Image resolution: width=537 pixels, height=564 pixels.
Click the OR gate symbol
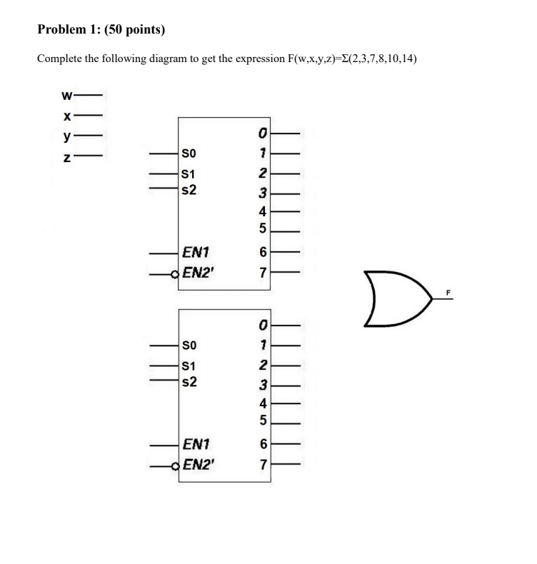tap(396, 298)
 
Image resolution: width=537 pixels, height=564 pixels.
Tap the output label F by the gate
tap(449, 292)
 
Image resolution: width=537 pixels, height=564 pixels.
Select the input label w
tap(66, 94)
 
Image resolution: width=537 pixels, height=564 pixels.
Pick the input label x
tap(66, 114)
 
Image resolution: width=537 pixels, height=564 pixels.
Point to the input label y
tap(66, 134)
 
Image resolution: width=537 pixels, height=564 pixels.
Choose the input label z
tap(66, 154)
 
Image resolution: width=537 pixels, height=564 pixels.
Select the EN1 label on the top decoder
tap(196, 251)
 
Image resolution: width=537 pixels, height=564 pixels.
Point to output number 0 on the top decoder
tap(263, 133)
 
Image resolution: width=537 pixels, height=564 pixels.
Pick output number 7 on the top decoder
tap(263, 272)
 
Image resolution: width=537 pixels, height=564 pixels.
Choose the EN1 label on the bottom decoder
tap(196, 444)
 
